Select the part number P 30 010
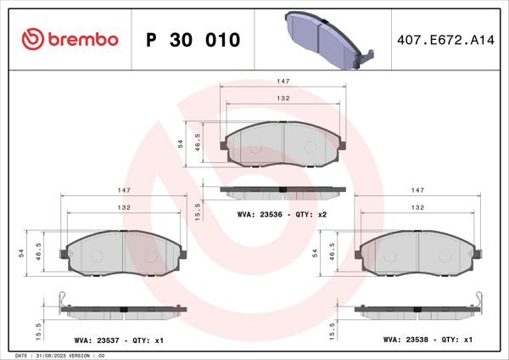point(193,40)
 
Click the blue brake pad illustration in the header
point(327,38)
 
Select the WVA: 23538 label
point(409,340)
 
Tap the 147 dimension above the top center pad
point(285,81)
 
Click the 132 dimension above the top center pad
point(285,98)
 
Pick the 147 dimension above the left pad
point(123,190)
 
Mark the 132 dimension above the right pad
point(417,208)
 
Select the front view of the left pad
point(123,254)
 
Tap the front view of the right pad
point(417,254)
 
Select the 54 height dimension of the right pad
point(316,253)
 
